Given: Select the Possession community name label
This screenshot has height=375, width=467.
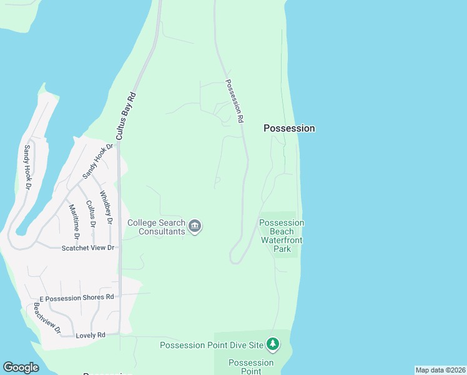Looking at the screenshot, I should (289, 128).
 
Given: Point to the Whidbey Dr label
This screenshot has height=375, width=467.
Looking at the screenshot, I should (106, 207).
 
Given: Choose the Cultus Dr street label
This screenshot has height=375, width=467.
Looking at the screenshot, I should (91, 213).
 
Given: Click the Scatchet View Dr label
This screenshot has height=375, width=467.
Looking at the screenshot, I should (88, 248).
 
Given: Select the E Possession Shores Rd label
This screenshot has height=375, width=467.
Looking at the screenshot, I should (76, 297).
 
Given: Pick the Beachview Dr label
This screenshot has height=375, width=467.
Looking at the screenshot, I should (47, 318).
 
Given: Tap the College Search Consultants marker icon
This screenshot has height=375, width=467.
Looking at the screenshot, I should (195, 226).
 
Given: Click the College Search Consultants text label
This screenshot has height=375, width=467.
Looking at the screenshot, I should (156, 227).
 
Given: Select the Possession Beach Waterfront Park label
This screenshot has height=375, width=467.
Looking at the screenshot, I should (282, 236).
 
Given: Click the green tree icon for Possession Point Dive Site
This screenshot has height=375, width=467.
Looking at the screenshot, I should (272, 344).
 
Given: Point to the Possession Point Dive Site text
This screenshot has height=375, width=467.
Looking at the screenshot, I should (212, 345).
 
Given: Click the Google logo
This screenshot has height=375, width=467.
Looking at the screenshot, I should (21, 367).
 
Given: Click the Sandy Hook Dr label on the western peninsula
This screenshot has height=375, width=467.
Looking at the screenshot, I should (27, 167).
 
